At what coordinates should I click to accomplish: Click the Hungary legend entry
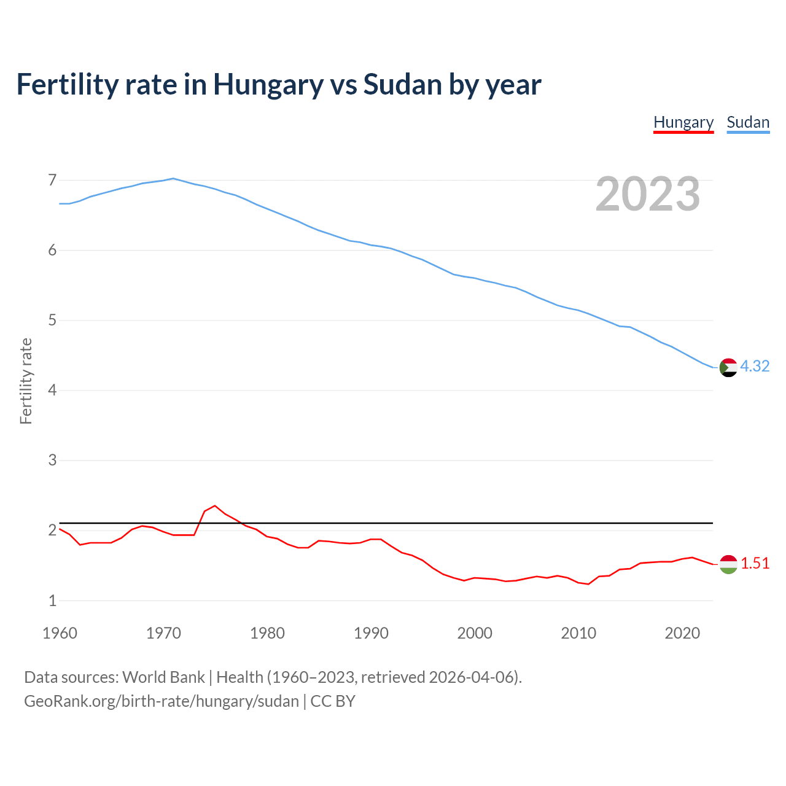(683, 122)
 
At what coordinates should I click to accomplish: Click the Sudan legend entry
(747, 122)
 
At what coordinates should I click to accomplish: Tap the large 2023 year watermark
(647, 194)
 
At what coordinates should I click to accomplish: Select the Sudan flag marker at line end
(728, 367)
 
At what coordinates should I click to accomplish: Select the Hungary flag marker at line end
(728, 564)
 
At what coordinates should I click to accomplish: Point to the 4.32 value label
(755, 366)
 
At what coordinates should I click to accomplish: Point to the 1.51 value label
(755, 563)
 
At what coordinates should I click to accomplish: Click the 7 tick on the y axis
(52, 180)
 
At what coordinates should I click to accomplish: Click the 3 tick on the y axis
(52, 460)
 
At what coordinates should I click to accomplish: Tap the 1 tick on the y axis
(52, 601)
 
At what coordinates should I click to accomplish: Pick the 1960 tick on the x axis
(60, 633)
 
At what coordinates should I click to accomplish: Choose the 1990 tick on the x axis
(371, 633)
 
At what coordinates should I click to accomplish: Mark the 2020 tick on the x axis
(682, 633)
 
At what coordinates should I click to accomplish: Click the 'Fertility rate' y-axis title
(26, 381)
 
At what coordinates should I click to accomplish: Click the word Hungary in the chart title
(268, 85)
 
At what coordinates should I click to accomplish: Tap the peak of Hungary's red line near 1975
(214, 505)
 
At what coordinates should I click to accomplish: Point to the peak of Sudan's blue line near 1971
(173, 178)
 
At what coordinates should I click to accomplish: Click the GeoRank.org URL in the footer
(161, 701)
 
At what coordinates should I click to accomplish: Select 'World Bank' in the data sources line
(163, 677)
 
